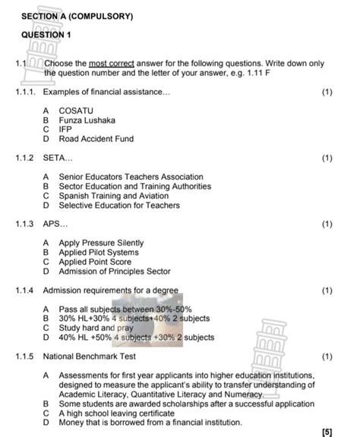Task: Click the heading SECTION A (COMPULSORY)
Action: click(x=77, y=15)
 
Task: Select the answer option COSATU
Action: click(x=76, y=111)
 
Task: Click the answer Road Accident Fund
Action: click(x=96, y=139)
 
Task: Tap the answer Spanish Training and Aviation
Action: click(x=123, y=196)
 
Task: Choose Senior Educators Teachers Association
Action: click(x=131, y=177)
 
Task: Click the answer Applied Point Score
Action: click(x=95, y=262)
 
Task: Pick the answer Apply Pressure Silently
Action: click(x=100, y=243)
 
